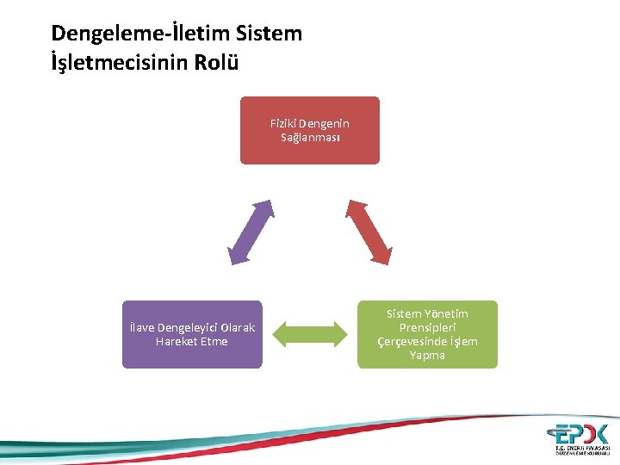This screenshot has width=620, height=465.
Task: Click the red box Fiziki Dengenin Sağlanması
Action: pos(309,130)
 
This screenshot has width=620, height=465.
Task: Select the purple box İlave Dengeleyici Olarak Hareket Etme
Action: pos(191,334)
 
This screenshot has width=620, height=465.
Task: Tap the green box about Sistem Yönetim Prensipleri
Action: pos(427,334)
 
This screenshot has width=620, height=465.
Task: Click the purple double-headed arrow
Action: pos(251,231)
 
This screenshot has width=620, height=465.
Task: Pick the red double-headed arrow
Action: pos(369,231)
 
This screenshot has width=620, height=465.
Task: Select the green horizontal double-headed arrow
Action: pos(309,335)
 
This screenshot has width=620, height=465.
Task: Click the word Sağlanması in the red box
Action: pos(310,138)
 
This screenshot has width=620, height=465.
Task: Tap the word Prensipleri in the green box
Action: pos(428,328)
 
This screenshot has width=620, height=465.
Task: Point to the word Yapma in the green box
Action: pos(428,356)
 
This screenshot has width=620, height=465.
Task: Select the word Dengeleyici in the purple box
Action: pos(189,328)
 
